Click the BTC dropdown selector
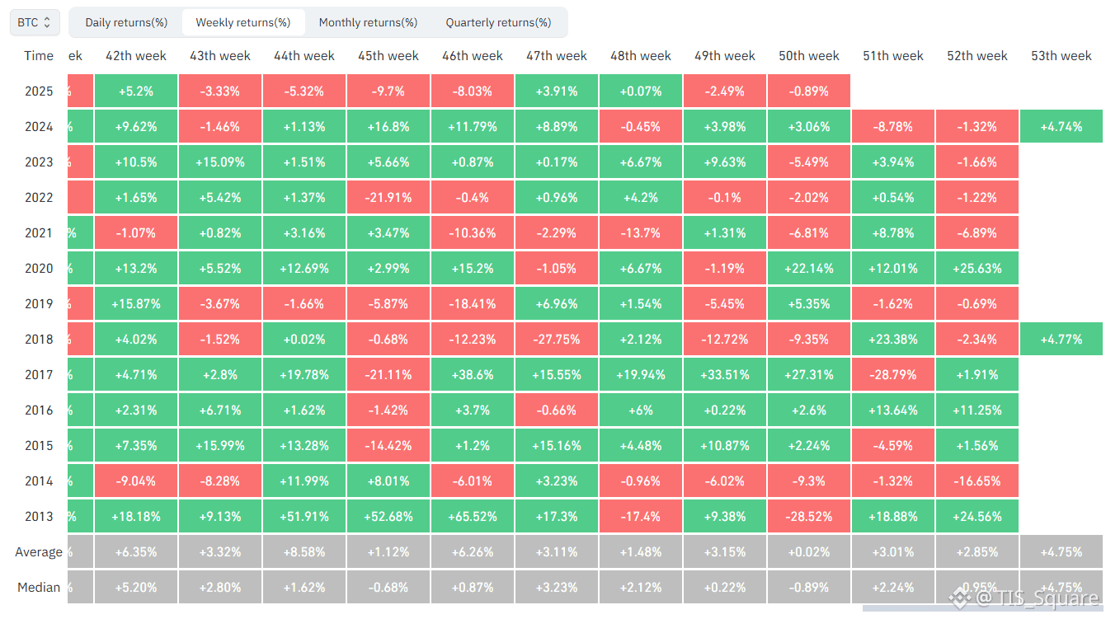[35, 22]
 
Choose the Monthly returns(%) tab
[368, 22]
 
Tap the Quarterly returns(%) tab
[498, 22]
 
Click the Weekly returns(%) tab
[242, 22]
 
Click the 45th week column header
[388, 56]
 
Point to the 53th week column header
[1061, 56]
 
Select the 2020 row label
[39, 269]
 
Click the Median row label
[39, 588]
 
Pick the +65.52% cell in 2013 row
[473, 517]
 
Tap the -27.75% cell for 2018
[557, 340]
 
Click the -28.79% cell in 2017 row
[893, 375]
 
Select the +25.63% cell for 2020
[977, 269]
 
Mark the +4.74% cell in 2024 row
[1061, 127]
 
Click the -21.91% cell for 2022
[388, 198]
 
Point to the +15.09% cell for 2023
[220, 162]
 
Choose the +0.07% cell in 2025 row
[641, 91]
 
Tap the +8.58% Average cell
[304, 552]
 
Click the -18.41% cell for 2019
[473, 304]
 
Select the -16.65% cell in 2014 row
[977, 481]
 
